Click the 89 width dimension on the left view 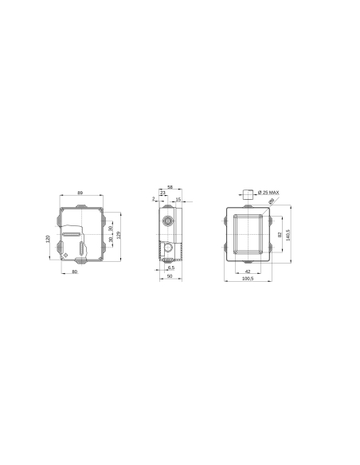(x=80, y=193)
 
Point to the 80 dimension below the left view (x=75, y=272)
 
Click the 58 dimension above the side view (x=170, y=186)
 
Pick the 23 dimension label (x=163, y=193)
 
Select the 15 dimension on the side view (x=178, y=199)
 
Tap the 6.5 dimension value (x=171, y=268)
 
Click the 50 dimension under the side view (x=170, y=276)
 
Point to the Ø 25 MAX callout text (x=268, y=193)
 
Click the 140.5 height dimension (x=288, y=236)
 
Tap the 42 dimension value (x=248, y=271)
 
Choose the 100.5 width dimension (x=248, y=279)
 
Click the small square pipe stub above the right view (x=248, y=193)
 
